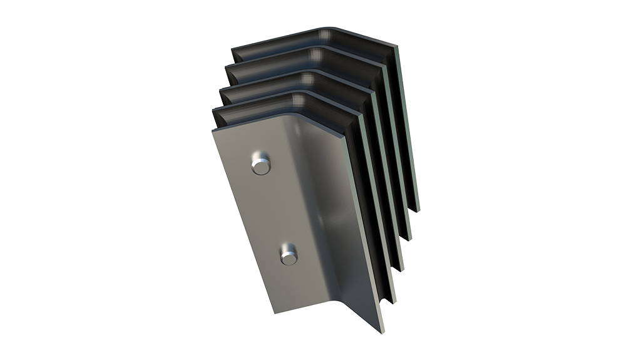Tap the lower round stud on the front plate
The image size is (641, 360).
289,255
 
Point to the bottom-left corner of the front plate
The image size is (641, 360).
274,311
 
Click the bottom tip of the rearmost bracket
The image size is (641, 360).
417,210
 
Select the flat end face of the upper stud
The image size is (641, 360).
257,166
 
